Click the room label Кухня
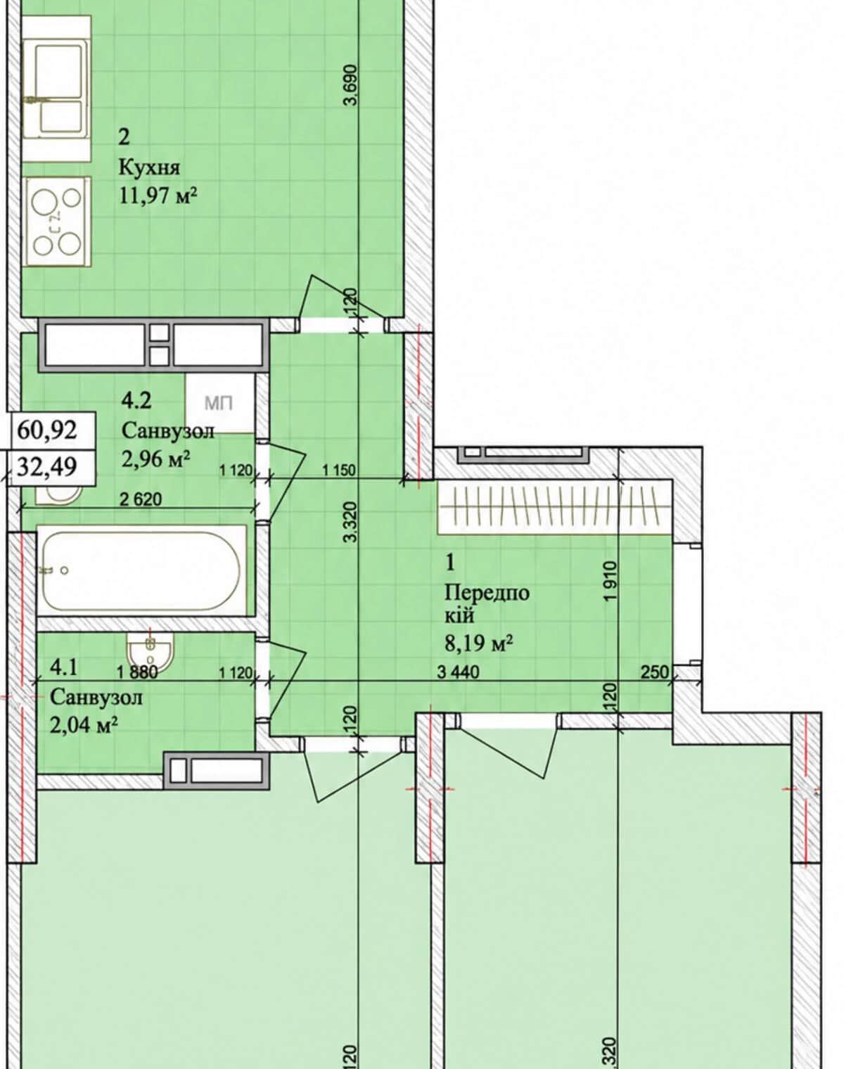pos(149,168)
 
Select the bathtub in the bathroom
pos(141,571)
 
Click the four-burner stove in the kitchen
pos(57,221)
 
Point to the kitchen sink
pos(57,89)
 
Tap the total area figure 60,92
pos(47,430)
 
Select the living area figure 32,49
pos(47,467)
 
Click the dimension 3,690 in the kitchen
pos(352,85)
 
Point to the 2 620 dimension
pos(141,499)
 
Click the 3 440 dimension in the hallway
pos(459,672)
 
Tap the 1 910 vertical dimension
pos(610,582)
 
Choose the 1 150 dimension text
pos(339,470)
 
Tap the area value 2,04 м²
pos(84,726)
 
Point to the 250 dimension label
pos(655,672)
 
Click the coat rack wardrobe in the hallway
pos(555,507)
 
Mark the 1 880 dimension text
pos(137,672)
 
